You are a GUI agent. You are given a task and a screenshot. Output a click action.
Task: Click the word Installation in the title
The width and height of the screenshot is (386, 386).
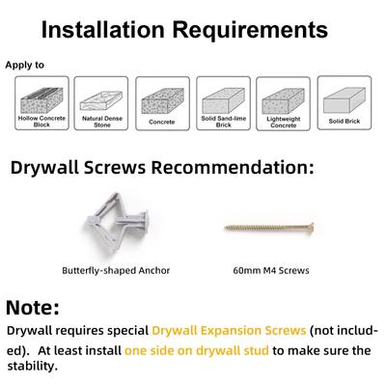[x=103, y=30]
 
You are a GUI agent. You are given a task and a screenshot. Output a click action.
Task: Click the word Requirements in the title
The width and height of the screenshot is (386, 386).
[x=250, y=31]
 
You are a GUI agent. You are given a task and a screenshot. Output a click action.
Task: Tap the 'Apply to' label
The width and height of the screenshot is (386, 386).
[x=24, y=65]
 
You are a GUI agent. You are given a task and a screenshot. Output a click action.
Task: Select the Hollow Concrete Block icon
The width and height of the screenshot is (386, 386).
[x=41, y=100]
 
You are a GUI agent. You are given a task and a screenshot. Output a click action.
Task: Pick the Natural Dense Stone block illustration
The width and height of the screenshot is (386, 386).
[x=101, y=100]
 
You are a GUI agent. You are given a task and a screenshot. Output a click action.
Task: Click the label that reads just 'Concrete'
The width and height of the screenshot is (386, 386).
[x=162, y=122]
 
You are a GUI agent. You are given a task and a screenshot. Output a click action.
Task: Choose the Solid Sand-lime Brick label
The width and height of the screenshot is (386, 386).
[x=224, y=122]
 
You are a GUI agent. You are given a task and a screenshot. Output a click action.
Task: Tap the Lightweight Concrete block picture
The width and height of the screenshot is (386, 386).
[x=283, y=101]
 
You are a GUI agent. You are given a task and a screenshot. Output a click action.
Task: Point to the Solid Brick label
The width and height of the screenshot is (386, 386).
[x=345, y=122]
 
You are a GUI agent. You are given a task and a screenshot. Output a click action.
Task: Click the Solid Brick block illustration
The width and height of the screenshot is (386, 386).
[x=345, y=100]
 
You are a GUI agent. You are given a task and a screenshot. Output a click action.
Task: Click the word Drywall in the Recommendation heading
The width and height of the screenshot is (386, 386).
[x=44, y=168]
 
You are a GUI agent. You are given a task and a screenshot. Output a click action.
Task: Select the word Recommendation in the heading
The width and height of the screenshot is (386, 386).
[x=233, y=168]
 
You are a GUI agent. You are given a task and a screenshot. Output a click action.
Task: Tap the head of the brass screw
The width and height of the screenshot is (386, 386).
[x=311, y=228]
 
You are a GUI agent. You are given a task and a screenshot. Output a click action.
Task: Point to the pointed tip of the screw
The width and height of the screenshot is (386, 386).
[x=225, y=228]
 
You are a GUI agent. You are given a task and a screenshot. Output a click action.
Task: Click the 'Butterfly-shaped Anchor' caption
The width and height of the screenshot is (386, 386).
[x=116, y=270]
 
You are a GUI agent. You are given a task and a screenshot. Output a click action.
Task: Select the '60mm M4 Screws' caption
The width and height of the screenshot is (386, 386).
[x=271, y=270]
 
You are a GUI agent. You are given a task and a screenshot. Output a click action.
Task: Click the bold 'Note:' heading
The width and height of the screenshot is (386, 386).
[x=33, y=308]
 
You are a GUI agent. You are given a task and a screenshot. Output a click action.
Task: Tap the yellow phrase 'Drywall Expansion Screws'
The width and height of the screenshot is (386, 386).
[x=229, y=331]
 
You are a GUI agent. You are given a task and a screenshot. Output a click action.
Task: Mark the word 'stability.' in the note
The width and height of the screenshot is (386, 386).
[x=33, y=366]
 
